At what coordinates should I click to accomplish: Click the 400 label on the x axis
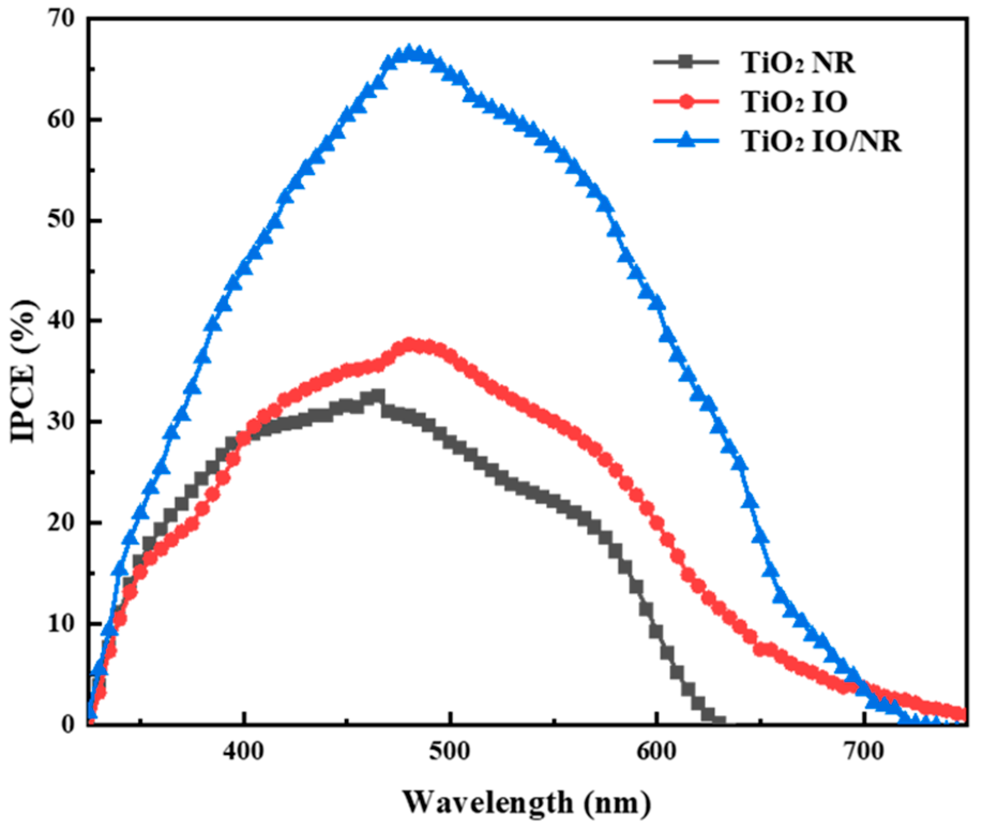(x=244, y=751)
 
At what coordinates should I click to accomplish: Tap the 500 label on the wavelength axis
(x=450, y=751)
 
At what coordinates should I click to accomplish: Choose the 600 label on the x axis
(x=656, y=751)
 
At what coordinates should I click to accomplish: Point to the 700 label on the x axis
(x=863, y=751)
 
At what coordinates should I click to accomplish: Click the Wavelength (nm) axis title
(x=527, y=802)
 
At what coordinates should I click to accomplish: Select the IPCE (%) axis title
(x=24, y=371)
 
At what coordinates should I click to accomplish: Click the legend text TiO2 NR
(x=798, y=63)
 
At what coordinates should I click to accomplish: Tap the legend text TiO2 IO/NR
(x=821, y=142)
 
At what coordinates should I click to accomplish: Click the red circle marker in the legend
(x=686, y=102)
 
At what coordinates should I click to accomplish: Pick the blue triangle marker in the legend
(x=686, y=141)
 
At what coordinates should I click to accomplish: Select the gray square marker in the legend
(x=686, y=62)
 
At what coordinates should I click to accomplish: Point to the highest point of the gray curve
(x=378, y=396)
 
